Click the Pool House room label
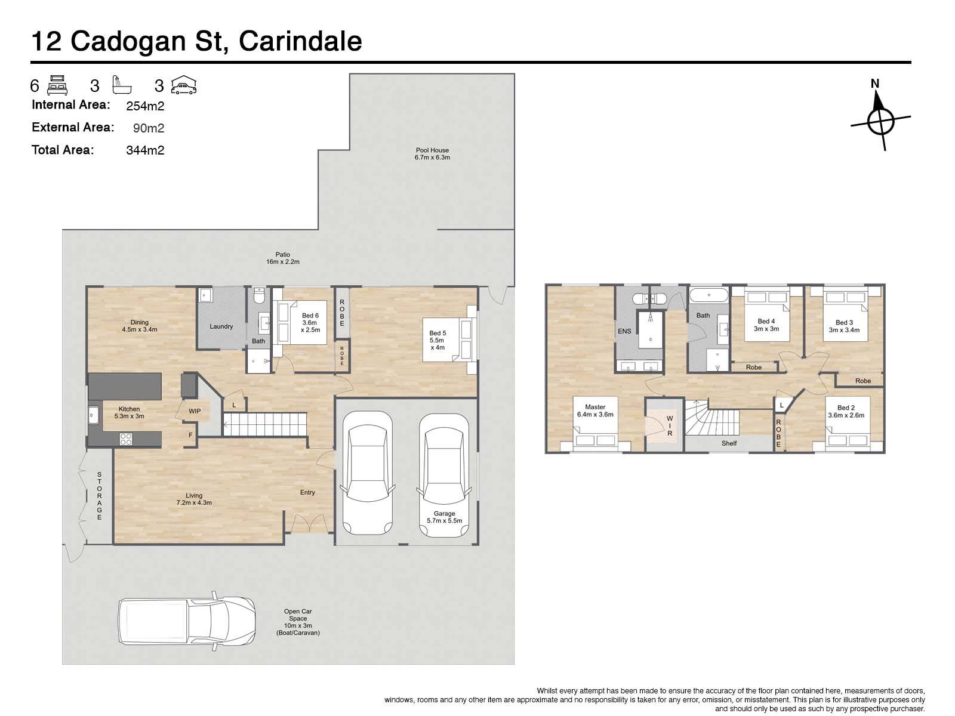point(432,154)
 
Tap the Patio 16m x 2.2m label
point(283,258)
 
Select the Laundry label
point(221,326)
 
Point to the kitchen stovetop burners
point(126,439)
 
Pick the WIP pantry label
point(195,411)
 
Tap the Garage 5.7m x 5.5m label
point(444,517)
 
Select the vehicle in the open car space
point(187,621)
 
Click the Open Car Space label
point(298,622)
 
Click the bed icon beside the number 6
point(57,85)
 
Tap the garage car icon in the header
point(184,85)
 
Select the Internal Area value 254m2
point(145,106)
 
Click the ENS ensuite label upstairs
point(624,331)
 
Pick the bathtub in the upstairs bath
point(708,295)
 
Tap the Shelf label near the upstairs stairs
point(729,443)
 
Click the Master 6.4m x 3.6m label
point(595,411)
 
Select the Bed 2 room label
point(846,412)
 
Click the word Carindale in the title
point(300,41)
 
